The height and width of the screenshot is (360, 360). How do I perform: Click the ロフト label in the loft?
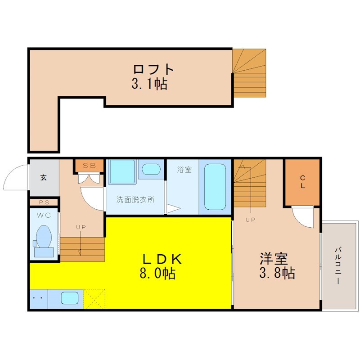pyautogui.click(x=153, y=69)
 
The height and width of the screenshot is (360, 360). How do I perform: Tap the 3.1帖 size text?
pyautogui.click(x=149, y=84)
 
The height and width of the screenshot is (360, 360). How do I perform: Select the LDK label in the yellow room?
pyautogui.click(x=162, y=260)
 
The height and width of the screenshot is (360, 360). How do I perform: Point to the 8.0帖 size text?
pyautogui.click(x=158, y=273)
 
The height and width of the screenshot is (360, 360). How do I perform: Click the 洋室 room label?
pyautogui.click(x=274, y=259)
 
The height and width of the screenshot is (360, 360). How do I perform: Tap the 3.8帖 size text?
pyautogui.click(x=277, y=273)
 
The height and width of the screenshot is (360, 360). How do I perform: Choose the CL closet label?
pyautogui.click(x=302, y=182)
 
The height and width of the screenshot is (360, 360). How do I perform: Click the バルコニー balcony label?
pyautogui.click(x=338, y=265)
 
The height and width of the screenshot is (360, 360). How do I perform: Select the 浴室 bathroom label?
pyautogui.click(x=184, y=170)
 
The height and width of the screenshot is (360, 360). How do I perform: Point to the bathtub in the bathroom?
pyautogui.click(x=215, y=187)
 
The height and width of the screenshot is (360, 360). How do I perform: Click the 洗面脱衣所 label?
pyautogui.click(x=135, y=199)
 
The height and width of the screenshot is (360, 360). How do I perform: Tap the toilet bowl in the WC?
pyautogui.click(x=44, y=237)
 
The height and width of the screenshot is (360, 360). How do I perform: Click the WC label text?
pyautogui.click(x=44, y=216)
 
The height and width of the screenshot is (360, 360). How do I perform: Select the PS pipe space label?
pyautogui.click(x=44, y=202)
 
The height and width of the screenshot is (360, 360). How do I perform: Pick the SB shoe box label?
pyautogui.click(x=89, y=166)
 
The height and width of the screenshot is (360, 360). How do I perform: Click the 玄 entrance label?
pyautogui.click(x=43, y=177)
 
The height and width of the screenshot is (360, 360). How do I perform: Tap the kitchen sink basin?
pyautogui.click(x=70, y=298)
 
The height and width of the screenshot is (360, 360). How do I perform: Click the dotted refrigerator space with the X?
pyautogui.click(x=94, y=299)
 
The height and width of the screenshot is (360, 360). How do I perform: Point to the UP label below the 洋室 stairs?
pyautogui.click(x=250, y=220)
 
